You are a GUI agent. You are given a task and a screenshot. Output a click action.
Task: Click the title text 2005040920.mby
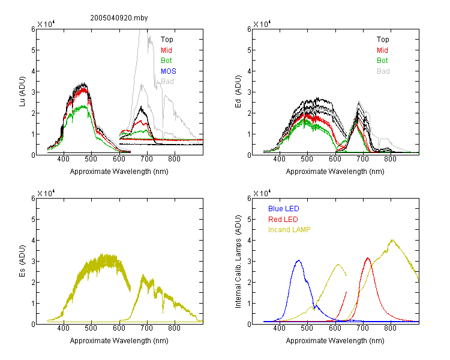click(119, 18)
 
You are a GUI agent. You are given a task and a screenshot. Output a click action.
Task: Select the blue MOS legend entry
click(169, 71)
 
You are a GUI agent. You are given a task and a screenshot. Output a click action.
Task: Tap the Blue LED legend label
click(284, 209)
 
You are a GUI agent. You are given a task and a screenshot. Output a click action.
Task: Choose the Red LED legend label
click(283, 220)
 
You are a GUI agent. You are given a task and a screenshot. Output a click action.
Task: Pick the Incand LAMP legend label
click(289, 230)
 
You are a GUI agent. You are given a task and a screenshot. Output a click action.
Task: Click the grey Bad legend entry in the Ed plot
click(383, 71)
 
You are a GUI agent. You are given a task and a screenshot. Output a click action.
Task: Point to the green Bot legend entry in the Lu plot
click(166, 61)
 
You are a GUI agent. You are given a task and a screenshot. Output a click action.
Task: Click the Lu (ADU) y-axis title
click(22, 92)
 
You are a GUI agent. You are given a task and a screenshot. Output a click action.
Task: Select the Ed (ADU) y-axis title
click(238, 92)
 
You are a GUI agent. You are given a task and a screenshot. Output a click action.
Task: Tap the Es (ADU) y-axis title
click(22, 261)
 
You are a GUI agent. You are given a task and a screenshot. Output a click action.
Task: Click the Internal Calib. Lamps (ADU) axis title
click(238, 262)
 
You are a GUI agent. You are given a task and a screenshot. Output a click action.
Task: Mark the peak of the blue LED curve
click(299, 260)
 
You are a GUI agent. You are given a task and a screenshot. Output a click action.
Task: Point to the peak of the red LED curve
click(368, 258)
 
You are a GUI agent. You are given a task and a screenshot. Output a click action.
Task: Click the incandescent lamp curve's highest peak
click(392, 240)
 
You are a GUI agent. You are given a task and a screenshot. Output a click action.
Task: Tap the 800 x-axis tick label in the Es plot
click(174, 328)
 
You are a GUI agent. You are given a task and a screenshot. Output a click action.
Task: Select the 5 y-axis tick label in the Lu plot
click(33, 50)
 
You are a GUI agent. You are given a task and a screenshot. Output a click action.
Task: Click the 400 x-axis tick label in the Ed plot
click(279, 159)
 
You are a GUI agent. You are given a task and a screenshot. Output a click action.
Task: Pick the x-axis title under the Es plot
click(119, 340)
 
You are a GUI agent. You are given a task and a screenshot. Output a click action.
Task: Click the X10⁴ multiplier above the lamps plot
click(262, 193)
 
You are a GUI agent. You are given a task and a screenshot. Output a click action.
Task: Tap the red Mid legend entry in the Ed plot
click(382, 50)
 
